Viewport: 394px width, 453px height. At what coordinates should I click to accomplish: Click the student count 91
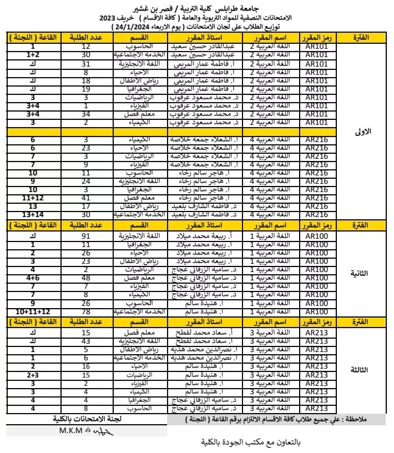(86, 236)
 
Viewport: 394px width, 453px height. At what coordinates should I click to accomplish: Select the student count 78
(86, 312)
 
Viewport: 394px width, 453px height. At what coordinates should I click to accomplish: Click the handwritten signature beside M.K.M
(103, 432)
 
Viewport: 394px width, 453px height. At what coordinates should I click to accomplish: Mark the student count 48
(86, 278)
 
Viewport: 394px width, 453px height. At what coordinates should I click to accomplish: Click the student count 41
(86, 198)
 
